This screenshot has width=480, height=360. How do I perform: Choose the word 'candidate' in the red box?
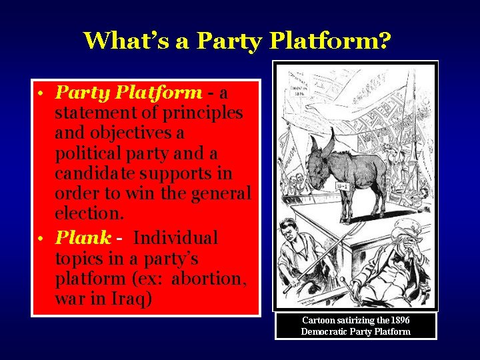click(92, 173)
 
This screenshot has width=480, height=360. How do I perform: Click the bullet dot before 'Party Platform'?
click(41, 94)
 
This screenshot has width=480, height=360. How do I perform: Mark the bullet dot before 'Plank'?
click(41, 239)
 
